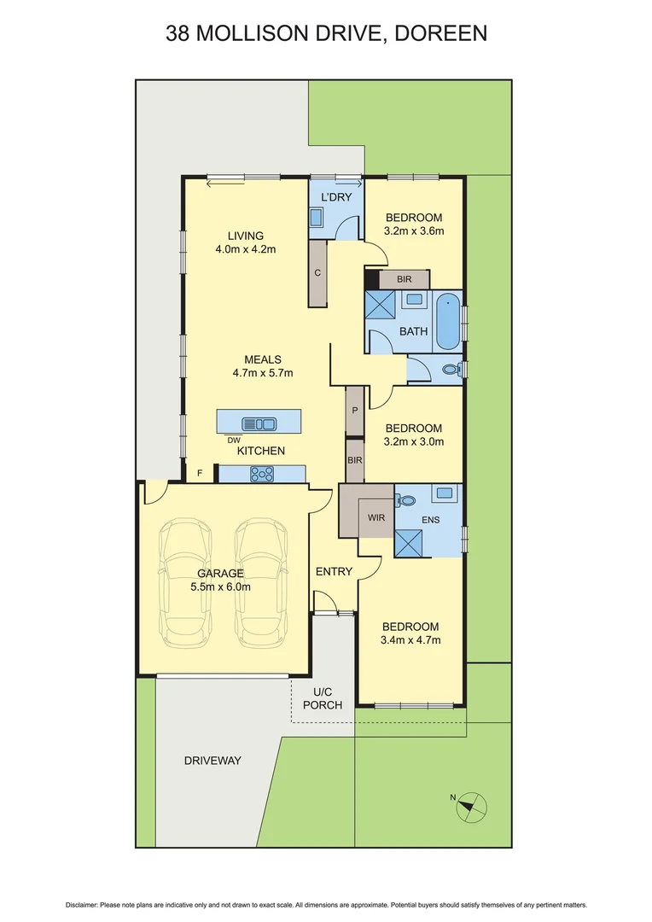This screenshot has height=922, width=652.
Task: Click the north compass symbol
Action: point(470,804)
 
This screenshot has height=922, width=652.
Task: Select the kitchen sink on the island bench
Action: point(259,423)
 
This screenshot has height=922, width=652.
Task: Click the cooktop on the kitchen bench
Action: point(261,475)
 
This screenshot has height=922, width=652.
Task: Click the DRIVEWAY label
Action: point(212,760)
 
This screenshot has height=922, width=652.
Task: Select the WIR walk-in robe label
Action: point(376,517)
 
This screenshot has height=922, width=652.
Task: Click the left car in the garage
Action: point(187,582)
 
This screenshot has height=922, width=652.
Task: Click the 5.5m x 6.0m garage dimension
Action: point(221,586)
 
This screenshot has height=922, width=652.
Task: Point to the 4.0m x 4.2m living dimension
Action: point(245,249)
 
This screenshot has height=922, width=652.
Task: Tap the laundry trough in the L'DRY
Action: point(316,218)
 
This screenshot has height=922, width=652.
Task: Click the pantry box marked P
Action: point(353,411)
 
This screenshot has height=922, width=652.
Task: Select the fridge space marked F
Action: point(201,473)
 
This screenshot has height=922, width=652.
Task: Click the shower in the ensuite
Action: point(408,543)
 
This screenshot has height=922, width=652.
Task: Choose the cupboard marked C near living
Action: point(318,273)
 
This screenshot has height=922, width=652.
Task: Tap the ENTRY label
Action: point(334,571)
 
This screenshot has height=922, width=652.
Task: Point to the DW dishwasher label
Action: point(233,440)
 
